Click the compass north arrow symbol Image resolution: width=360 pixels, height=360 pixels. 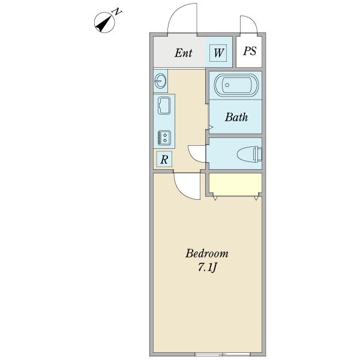(x=104, y=23)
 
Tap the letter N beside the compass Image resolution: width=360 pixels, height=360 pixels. (x=118, y=11)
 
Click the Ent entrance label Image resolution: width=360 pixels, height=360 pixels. (x=183, y=53)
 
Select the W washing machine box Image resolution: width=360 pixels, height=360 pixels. (x=218, y=53)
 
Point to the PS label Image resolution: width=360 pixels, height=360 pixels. (x=250, y=51)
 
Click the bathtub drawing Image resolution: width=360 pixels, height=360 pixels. (x=236, y=85)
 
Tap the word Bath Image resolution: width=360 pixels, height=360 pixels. (x=236, y=117)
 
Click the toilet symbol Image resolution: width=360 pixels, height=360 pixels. (x=250, y=154)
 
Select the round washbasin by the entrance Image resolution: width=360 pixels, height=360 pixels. (x=160, y=81)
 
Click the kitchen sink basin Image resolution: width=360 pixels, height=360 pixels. (x=164, y=106)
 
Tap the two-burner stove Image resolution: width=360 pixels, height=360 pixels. (x=164, y=138)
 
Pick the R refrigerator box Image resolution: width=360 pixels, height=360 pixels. (x=164, y=159)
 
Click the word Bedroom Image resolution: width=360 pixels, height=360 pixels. (x=207, y=254)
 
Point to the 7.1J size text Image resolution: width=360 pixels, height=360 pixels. (x=207, y=267)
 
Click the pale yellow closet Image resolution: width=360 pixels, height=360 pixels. (x=236, y=184)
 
